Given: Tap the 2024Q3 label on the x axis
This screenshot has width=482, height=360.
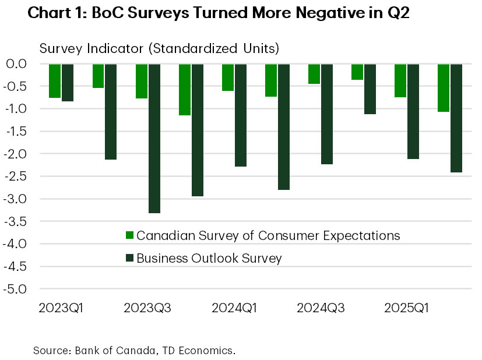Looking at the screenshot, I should [321, 307].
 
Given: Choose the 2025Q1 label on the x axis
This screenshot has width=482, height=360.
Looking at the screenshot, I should [407, 307].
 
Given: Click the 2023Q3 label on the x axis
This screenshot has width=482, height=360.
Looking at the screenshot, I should [148, 307].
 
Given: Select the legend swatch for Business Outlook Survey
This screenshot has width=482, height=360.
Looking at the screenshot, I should [130, 257].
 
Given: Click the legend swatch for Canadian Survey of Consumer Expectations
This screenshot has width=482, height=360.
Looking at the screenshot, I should [130, 235].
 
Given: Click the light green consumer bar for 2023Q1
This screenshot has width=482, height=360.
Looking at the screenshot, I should [55, 81].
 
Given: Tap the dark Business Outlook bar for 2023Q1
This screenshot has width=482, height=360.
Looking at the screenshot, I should [68, 83].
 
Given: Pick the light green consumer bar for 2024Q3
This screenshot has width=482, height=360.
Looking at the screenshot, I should [314, 74].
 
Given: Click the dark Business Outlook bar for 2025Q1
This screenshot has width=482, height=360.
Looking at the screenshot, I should [413, 111].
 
